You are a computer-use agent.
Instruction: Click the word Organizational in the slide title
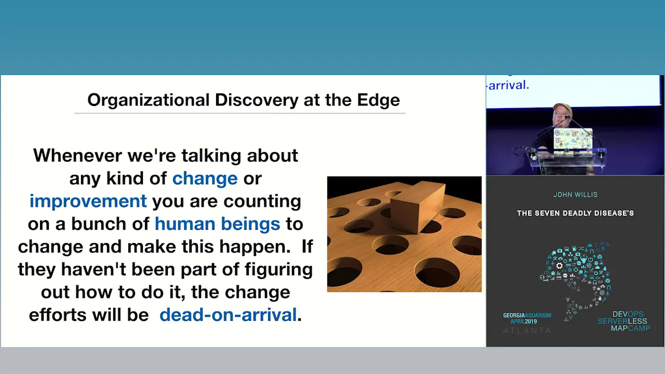click(x=149, y=100)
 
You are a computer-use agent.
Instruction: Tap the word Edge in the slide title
click(x=378, y=100)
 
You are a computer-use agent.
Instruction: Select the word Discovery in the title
click(x=257, y=100)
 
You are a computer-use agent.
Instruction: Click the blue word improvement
click(x=88, y=201)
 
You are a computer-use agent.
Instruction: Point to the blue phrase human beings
click(x=217, y=224)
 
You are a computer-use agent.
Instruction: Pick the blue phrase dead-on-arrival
click(x=228, y=315)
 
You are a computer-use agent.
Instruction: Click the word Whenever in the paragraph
click(x=77, y=155)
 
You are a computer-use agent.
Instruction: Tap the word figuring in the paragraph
click(x=278, y=270)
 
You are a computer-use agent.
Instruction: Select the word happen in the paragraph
click(x=255, y=247)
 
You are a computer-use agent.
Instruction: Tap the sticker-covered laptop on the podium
click(x=573, y=140)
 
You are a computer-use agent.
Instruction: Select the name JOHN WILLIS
click(x=575, y=195)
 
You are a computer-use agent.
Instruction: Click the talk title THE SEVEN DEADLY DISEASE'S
click(x=575, y=213)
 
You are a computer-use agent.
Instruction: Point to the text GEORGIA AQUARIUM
click(x=527, y=315)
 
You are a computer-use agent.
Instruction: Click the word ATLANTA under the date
click(x=527, y=330)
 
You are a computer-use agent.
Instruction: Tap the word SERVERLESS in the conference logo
click(x=622, y=321)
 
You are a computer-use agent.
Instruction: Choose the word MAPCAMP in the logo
click(x=630, y=328)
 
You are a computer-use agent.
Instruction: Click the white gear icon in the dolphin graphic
click(x=560, y=265)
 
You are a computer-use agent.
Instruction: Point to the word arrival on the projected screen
click(x=509, y=85)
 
